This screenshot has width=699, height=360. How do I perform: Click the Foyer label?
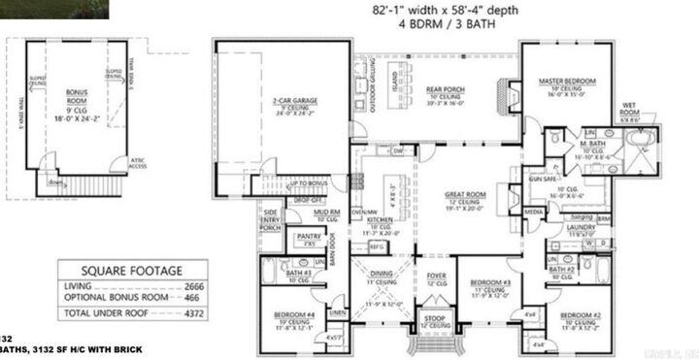436,276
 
